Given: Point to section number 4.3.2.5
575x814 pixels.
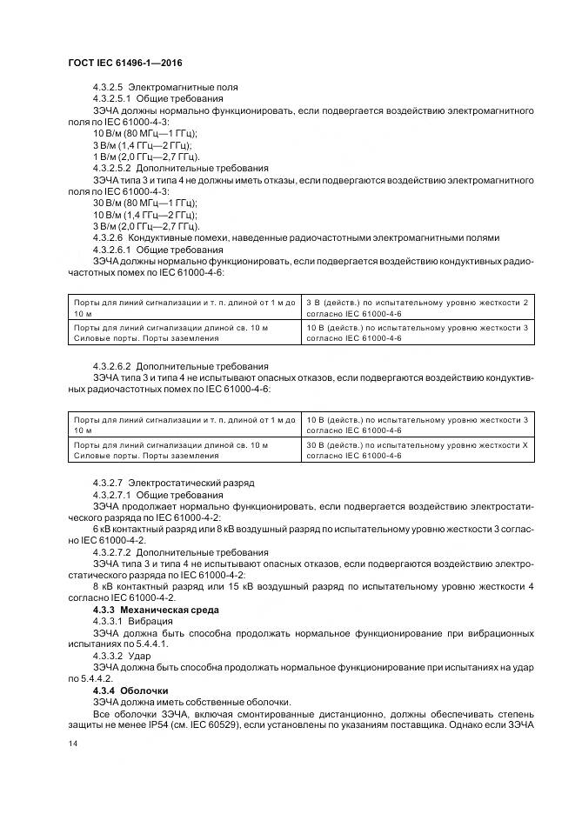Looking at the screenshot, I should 108,87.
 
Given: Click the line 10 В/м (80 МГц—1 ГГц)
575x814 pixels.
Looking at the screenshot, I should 144,133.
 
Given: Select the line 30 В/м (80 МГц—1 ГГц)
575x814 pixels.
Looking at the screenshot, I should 144,202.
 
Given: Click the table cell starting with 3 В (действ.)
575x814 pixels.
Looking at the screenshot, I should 417,306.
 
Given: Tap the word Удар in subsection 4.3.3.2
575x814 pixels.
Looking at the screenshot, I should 139,655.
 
